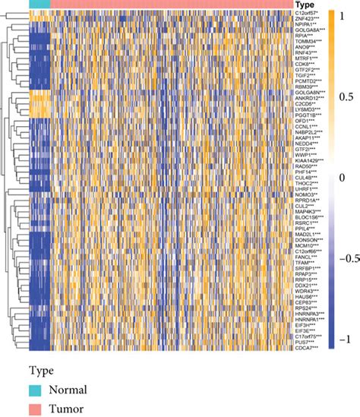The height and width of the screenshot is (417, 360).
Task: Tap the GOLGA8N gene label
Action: (x=307, y=93)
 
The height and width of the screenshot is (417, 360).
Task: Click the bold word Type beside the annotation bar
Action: (x=305, y=5)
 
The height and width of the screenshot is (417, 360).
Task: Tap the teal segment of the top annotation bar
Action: (x=39, y=5)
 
